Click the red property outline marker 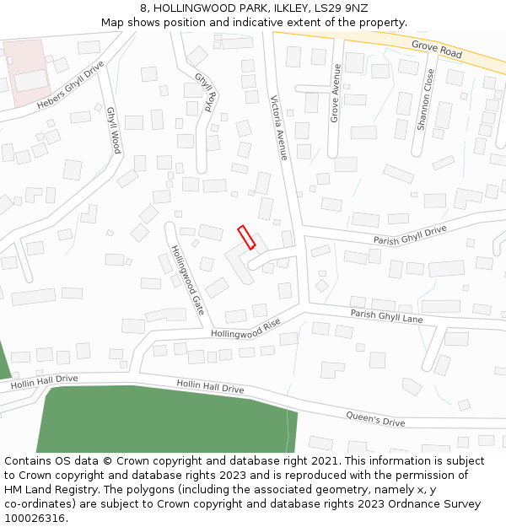[246, 237]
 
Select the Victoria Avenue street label [279, 127]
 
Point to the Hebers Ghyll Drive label [71, 84]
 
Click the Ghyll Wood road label [113, 129]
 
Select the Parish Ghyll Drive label [410, 235]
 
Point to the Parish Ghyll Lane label [386, 316]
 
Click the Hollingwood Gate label [187, 280]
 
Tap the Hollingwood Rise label [245, 330]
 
